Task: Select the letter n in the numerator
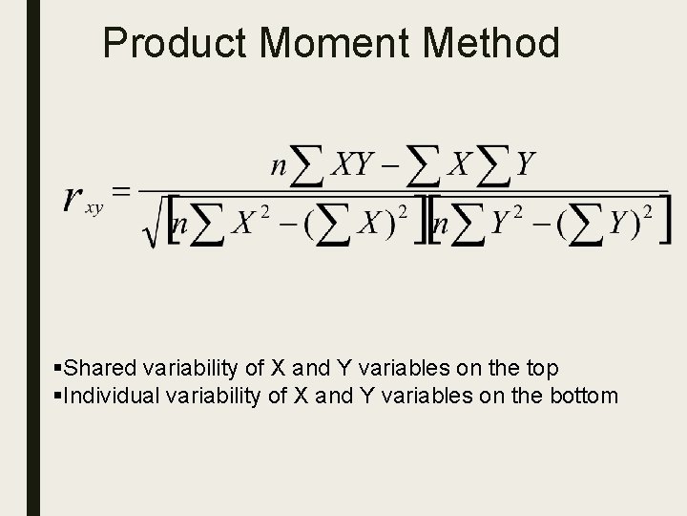pos(279,166)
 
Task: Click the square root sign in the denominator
pos(152,229)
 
